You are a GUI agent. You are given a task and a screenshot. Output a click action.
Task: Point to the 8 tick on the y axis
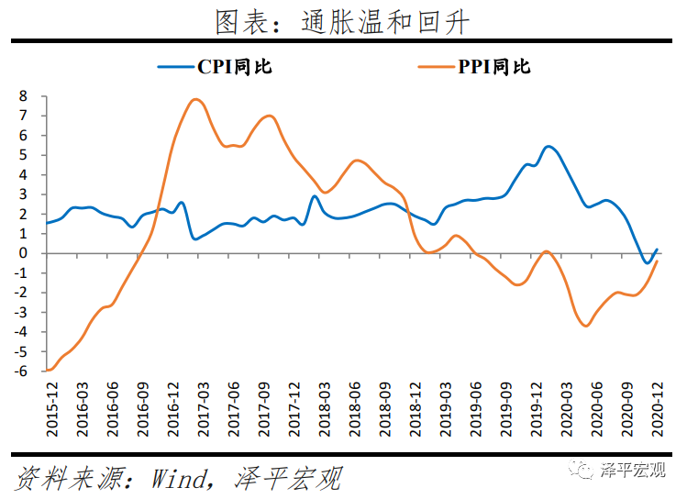click(25, 96)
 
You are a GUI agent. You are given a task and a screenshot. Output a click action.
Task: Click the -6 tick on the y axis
click(22, 371)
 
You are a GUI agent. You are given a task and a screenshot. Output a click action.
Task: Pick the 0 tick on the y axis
click(25, 253)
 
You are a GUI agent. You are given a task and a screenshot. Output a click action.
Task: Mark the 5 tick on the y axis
click(25, 155)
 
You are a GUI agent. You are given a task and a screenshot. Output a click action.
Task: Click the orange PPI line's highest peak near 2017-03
click(195, 99)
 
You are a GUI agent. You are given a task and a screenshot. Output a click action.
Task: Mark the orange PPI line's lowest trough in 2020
click(585, 326)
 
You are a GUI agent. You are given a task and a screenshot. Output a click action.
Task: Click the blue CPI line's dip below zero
click(647, 263)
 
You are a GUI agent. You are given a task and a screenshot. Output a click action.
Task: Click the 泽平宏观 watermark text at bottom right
click(633, 470)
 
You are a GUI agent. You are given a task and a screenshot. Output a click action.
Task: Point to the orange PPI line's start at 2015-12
click(47, 371)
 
